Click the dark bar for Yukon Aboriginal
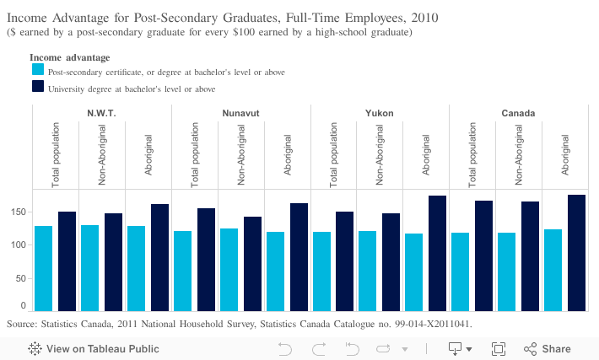(437, 254)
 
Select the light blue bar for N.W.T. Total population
(44, 268)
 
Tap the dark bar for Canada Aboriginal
(576, 253)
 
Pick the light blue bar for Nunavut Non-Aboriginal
(229, 270)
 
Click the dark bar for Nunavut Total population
(207, 260)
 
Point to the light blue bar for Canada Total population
(461, 271)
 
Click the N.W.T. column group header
(101, 113)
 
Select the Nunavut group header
(240, 113)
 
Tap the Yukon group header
(380, 113)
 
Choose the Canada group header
(518, 113)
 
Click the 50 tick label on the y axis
(21, 278)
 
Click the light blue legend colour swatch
(38, 69)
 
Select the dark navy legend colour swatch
(38, 86)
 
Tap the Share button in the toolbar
(547, 349)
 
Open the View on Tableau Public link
(94, 349)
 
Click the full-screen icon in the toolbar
(499, 349)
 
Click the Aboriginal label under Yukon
(426, 154)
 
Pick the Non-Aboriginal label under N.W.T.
(101, 154)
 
